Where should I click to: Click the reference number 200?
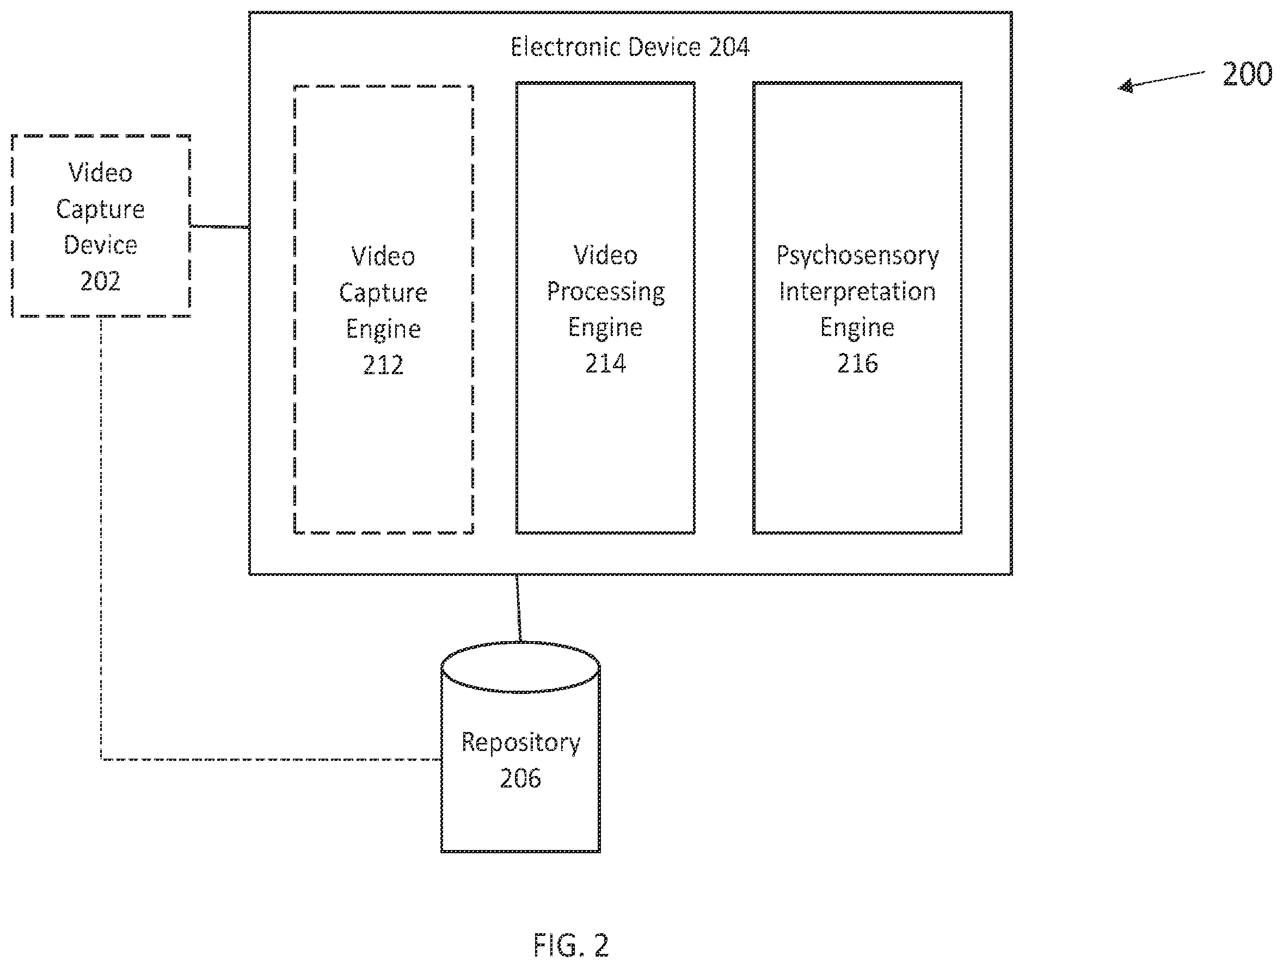click(1247, 74)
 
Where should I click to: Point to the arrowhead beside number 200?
click(1125, 86)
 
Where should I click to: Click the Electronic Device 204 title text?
click(630, 47)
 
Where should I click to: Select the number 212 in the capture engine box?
click(383, 365)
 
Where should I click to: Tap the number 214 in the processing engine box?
click(605, 363)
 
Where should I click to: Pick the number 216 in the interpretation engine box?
click(857, 363)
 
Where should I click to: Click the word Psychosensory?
click(857, 256)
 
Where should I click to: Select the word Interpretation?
click(857, 291)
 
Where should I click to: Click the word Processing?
click(605, 292)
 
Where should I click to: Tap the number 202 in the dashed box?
click(100, 281)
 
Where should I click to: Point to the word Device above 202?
click(100, 245)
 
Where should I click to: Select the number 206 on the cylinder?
click(520, 778)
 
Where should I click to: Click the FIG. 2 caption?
click(571, 945)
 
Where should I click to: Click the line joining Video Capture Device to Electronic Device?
click(220, 226)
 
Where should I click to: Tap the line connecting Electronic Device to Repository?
click(519, 608)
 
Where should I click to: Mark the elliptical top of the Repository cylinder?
click(520, 642)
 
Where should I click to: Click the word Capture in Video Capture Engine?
click(383, 293)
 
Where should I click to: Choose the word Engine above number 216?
click(857, 328)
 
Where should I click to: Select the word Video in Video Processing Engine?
click(605, 256)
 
